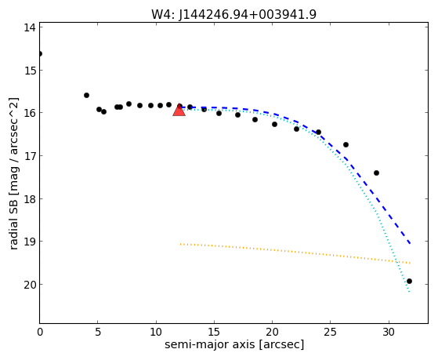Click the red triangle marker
pyautogui.click(x=179, y=110)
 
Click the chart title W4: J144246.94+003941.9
pyautogui.click(x=233, y=14)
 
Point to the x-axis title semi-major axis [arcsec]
pyautogui.click(x=234, y=344)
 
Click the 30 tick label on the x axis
pyautogui.click(x=389, y=332)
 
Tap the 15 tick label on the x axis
pyautogui.click(x=214, y=332)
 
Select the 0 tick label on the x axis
pyautogui.click(x=40, y=332)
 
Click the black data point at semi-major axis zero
pyautogui.click(x=40, y=53)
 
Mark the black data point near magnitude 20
pyautogui.click(x=409, y=281)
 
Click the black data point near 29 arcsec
pyautogui.click(x=376, y=173)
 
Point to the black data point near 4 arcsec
pyautogui.click(x=87, y=96)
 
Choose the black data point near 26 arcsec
pyautogui.click(x=346, y=144)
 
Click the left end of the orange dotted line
pyautogui.click(x=181, y=244)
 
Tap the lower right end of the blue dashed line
pyautogui.click(x=410, y=244)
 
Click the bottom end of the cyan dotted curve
pyautogui.click(x=410, y=292)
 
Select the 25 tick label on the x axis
pyautogui.click(x=331, y=332)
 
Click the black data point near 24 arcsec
pyautogui.click(x=318, y=132)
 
